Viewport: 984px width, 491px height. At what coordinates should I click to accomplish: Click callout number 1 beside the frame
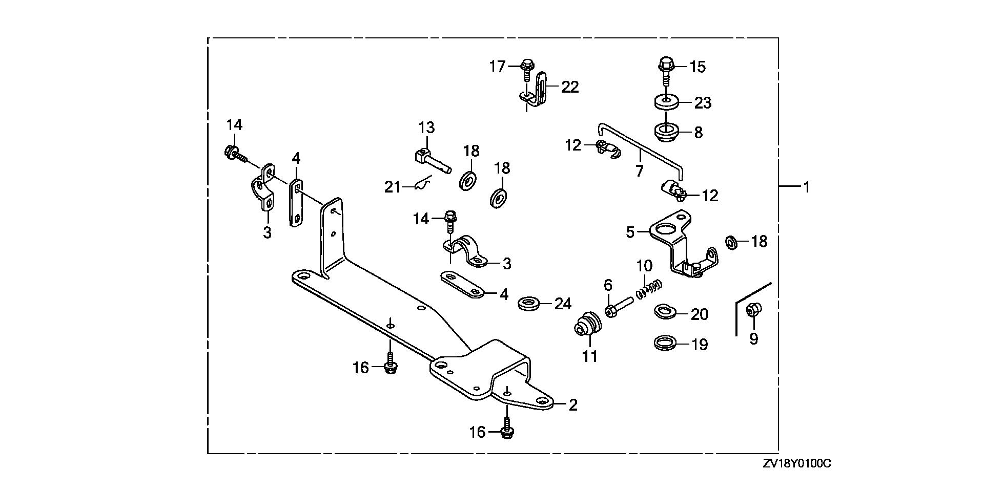coord(806,187)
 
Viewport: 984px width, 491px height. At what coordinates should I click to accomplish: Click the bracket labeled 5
coord(676,241)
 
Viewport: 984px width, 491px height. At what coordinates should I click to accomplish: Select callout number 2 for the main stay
coord(573,405)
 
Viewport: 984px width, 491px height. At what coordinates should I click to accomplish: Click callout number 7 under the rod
coord(639,170)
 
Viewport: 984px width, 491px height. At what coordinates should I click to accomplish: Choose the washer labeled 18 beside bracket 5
coord(732,242)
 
